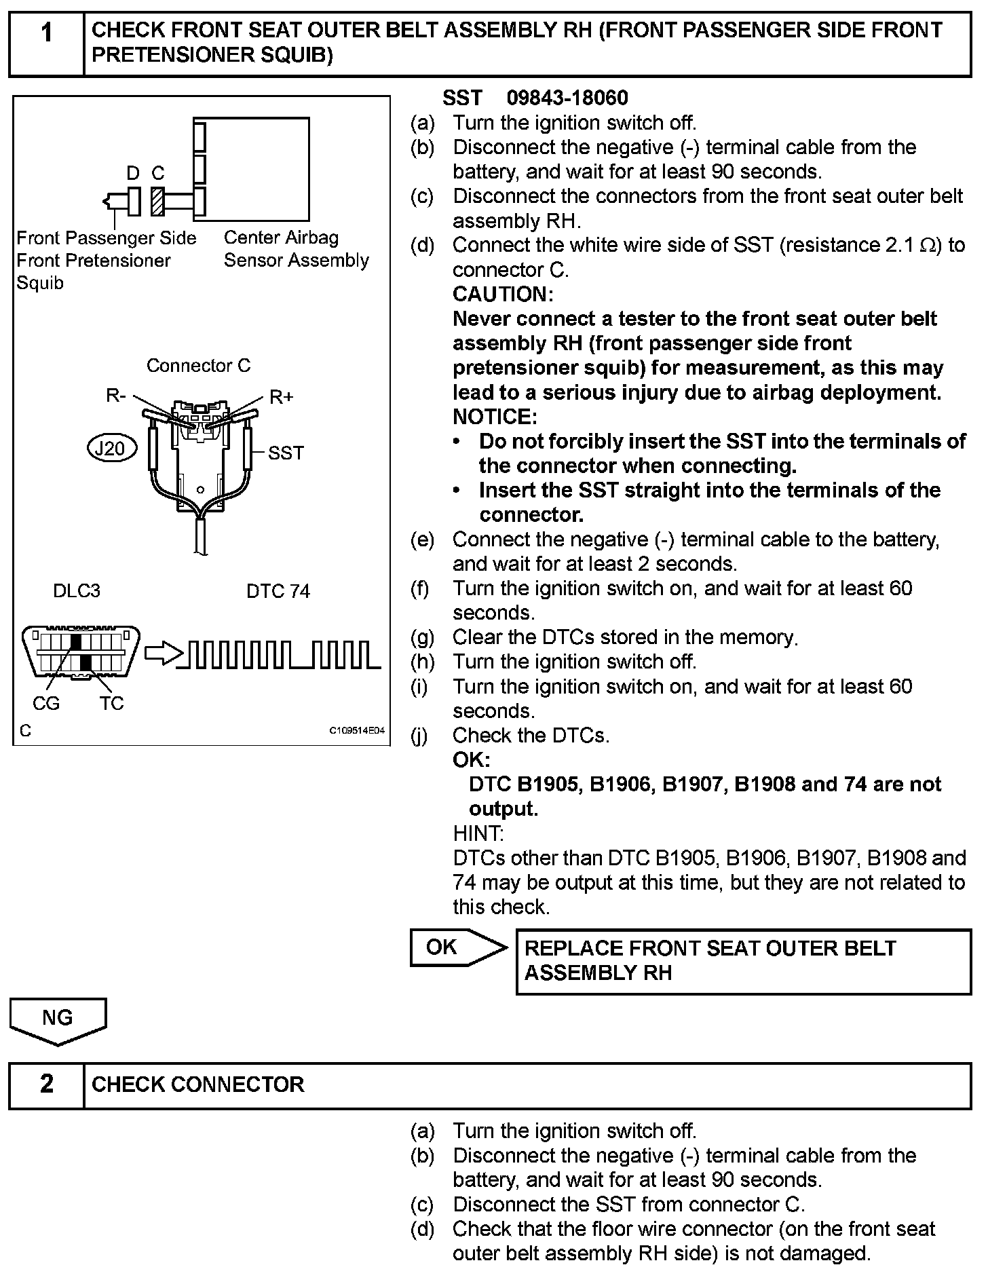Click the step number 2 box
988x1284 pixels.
[x=46, y=1084]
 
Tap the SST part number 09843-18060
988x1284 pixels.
[x=567, y=98]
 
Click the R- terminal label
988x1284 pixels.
[x=115, y=396]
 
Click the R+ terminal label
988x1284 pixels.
[x=282, y=397]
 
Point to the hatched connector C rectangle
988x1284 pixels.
[x=157, y=201]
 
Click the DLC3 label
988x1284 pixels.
[x=77, y=591]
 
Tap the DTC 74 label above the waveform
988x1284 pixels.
[x=278, y=592]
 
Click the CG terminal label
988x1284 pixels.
[x=46, y=704]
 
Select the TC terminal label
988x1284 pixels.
[x=112, y=704]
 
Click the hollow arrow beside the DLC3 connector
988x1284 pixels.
[x=164, y=654]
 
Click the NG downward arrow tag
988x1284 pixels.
[x=58, y=1019]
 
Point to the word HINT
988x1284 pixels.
[x=478, y=833]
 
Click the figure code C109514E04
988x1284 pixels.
[x=357, y=731]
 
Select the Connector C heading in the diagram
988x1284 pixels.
[x=198, y=366]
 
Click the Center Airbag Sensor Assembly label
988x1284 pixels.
[x=296, y=248]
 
